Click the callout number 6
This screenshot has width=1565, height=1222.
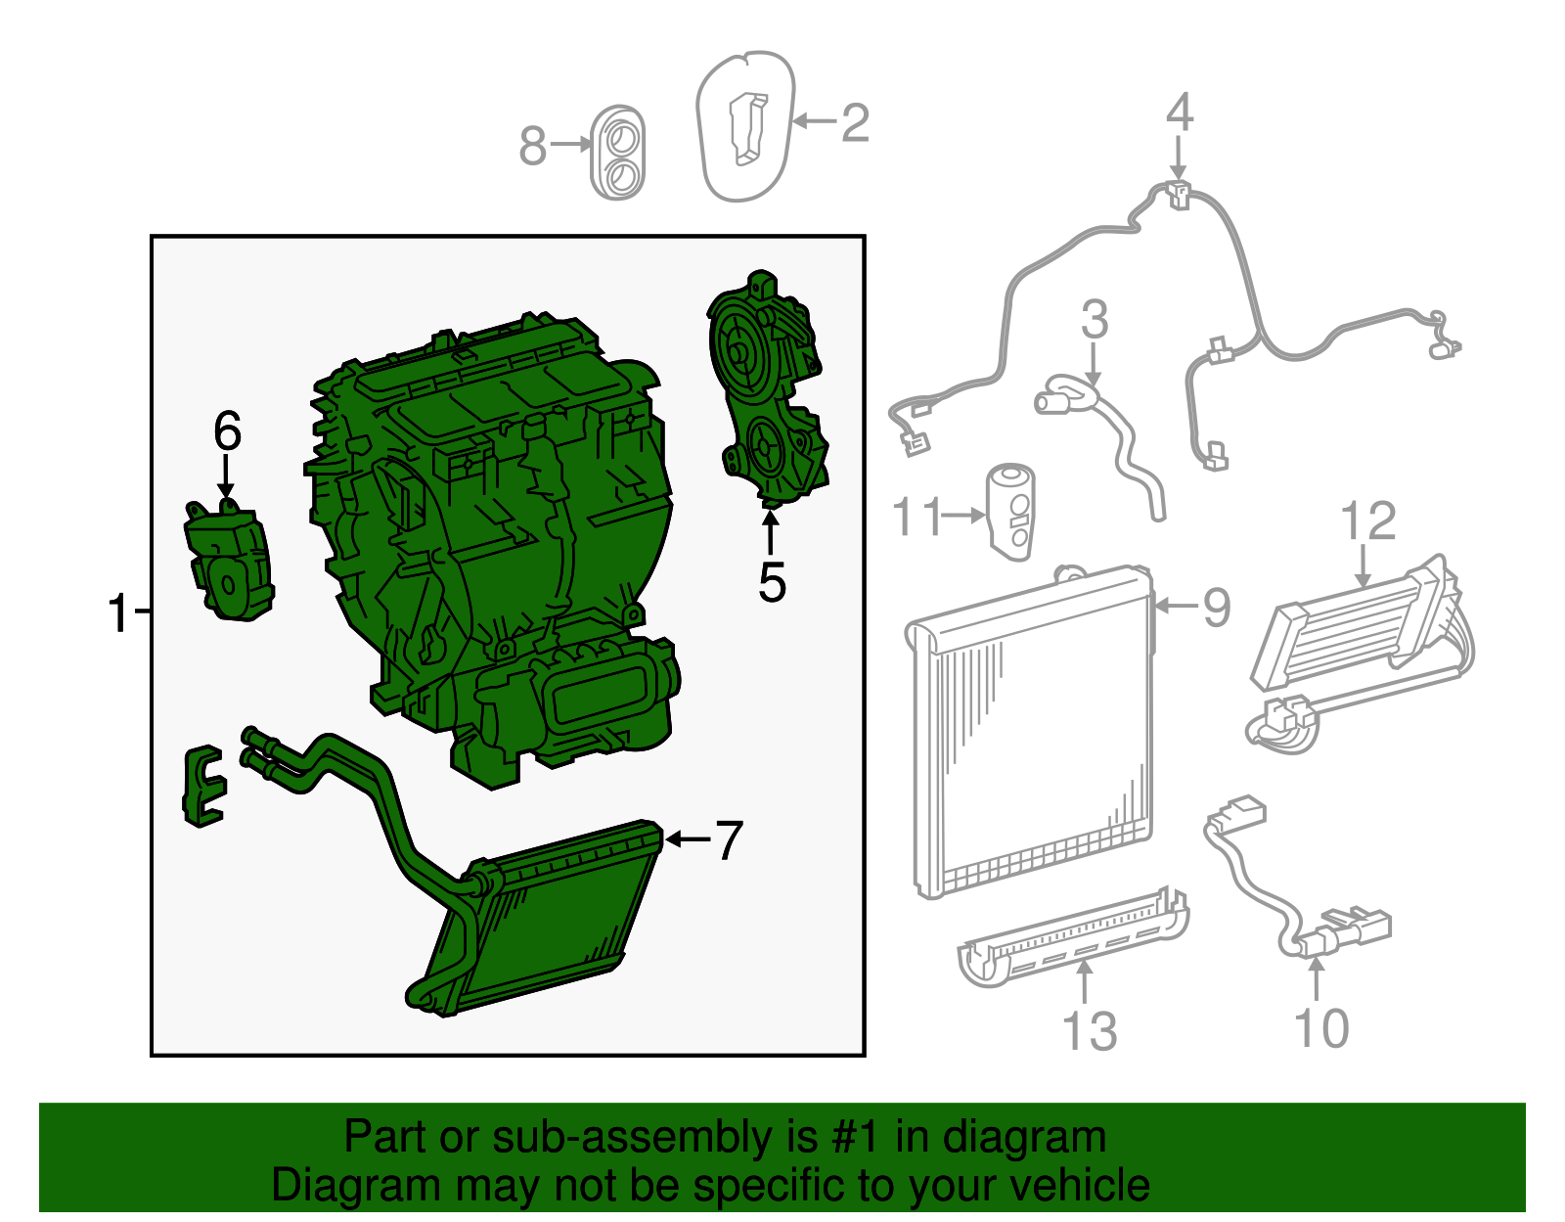tap(228, 431)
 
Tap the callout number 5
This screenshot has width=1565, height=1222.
tap(772, 582)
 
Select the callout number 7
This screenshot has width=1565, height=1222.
tap(728, 840)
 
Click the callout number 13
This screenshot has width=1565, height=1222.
tap(1090, 1032)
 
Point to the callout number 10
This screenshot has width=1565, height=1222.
tap(1321, 1027)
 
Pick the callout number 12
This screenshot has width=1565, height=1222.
tap(1367, 520)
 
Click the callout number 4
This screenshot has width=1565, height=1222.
tap(1179, 113)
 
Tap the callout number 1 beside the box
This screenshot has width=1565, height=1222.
tap(118, 613)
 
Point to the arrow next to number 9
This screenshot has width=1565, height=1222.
tap(1176, 607)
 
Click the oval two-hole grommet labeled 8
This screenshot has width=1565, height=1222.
tap(617, 153)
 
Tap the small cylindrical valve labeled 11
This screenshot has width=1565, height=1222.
tap(1012, 512)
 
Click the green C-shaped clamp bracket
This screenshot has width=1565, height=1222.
tap(203, 787)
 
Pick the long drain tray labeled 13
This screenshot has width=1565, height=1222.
tap(1072, 937)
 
